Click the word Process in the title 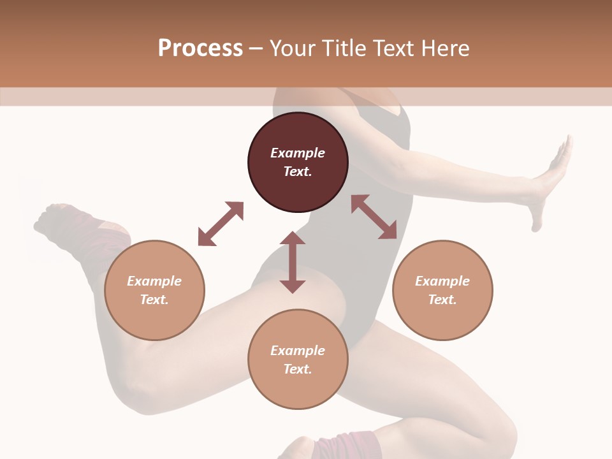(x=200, y=48)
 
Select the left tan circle (x=154, y=290)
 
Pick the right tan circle (x=442, y=290)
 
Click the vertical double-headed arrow (x=293, y=262)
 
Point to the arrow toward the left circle (x=221, y=224)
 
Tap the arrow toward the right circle (x=374, y=217)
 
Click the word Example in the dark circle (x=298, y=153)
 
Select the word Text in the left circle (x=154, y=300)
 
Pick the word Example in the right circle (x=442, y=281)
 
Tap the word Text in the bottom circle (x=298, y=369)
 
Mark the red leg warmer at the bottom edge (x=351, y=446)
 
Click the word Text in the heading (x=395, y=48)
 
